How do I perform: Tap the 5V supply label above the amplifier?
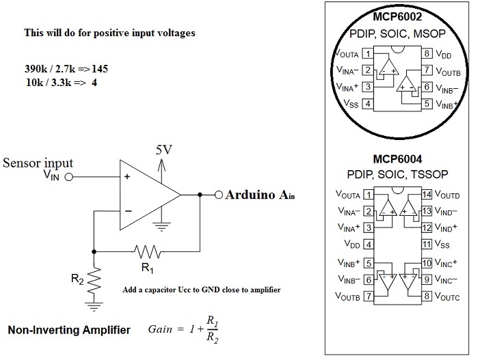coord(163,150)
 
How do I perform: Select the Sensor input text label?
coord(38,163)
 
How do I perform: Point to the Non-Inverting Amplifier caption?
coord(68,330)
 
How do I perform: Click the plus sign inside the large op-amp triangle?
coord(126,176)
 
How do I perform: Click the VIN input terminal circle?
coord(68,176)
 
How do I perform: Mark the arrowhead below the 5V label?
coord(162,161)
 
